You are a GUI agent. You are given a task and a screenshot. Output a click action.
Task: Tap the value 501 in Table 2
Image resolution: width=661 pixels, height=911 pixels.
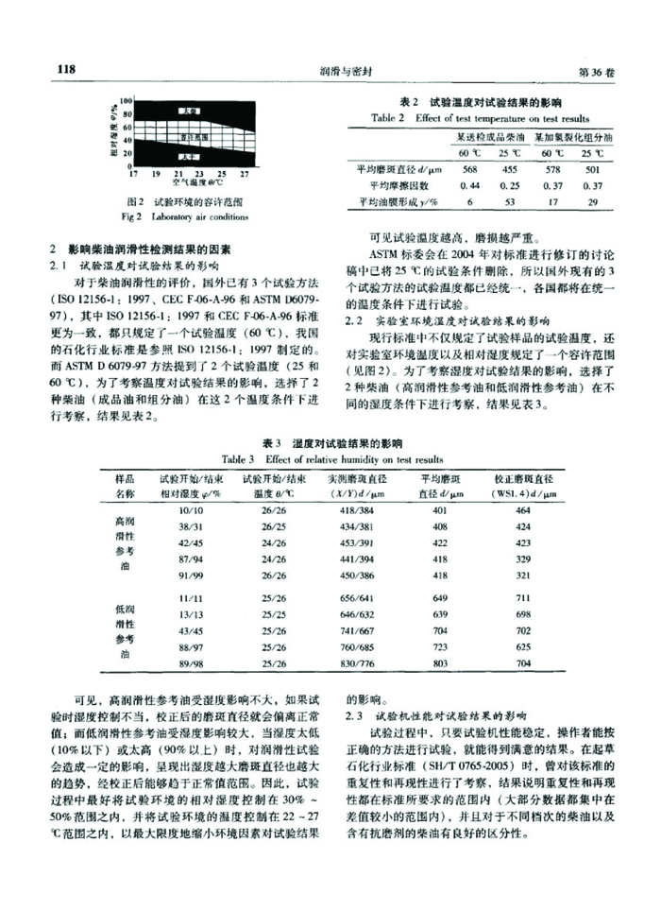593,169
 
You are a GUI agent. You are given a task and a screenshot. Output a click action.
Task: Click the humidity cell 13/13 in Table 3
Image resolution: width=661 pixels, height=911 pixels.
191,614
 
